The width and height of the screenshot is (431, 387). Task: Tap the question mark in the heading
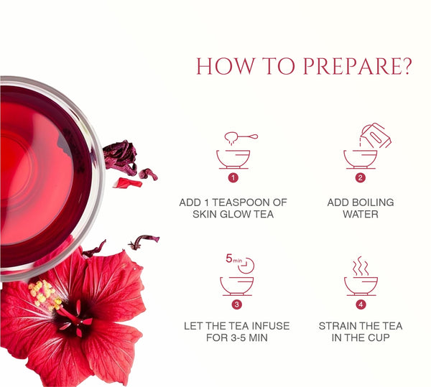pos(407,66)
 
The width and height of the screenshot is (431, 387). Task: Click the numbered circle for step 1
pos(233,178)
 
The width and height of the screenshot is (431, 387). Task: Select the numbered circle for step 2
pos(361,178)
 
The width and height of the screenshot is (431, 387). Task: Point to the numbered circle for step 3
pos(236,304)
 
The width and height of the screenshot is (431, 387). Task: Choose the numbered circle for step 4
pos(361,304)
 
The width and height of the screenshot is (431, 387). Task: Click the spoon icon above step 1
pos(241,136)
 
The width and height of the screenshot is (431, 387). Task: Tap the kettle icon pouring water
pos(376,136)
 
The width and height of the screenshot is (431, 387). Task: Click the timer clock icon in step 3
pos(246,266)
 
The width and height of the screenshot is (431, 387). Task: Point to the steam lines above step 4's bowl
pos(361,266)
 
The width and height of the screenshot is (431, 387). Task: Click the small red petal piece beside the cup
pos(128,183)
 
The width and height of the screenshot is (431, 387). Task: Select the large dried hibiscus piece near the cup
pos(120,157)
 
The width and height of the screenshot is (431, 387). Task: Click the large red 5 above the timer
pos(229,258)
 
